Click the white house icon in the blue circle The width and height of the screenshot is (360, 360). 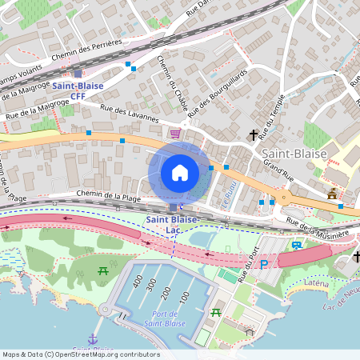click(x=180, y=172)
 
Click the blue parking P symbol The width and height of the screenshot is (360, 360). click(x=264, y=263)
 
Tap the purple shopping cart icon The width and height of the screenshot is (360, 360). click(x=175, y=134)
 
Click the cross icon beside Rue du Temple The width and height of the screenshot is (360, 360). click(x=254, y=135)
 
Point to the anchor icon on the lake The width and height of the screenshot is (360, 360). click(x=93, y=339)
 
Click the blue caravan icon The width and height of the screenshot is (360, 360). click(x=298, y=246)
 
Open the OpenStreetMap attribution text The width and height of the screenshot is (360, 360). click(x=81, y=354)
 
